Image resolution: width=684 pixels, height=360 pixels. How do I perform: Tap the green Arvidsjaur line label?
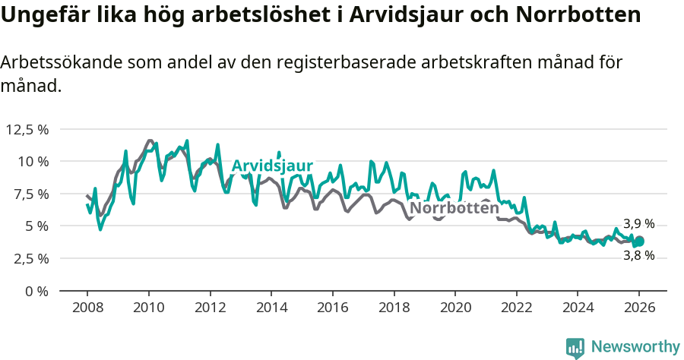tap(272, 166)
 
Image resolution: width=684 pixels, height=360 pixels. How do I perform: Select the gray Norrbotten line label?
tap(454, 208)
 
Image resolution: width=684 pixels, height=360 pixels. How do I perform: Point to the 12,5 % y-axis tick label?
tap(27, 129)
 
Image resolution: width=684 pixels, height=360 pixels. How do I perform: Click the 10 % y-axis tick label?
tap(33, 161)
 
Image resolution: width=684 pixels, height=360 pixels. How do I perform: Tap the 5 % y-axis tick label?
tap(37, 226)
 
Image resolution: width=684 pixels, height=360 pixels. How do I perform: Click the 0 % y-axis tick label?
tap(37, 291)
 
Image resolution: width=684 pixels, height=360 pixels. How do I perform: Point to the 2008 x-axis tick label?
tap(87, 308)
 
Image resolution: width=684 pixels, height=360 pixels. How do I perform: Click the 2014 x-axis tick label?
tap(271, 308)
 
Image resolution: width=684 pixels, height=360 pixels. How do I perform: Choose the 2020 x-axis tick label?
tap(454, 308)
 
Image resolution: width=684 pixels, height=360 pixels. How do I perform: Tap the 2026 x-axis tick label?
tap(638, 308)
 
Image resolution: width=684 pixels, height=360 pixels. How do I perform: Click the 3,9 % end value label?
tap(638, 224)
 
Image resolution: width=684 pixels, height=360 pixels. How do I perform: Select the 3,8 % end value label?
tap(638, 256)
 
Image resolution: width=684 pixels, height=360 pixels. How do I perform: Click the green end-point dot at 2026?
tap(639, 242)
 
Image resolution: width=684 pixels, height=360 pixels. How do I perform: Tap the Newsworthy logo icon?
tap(575, 347)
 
